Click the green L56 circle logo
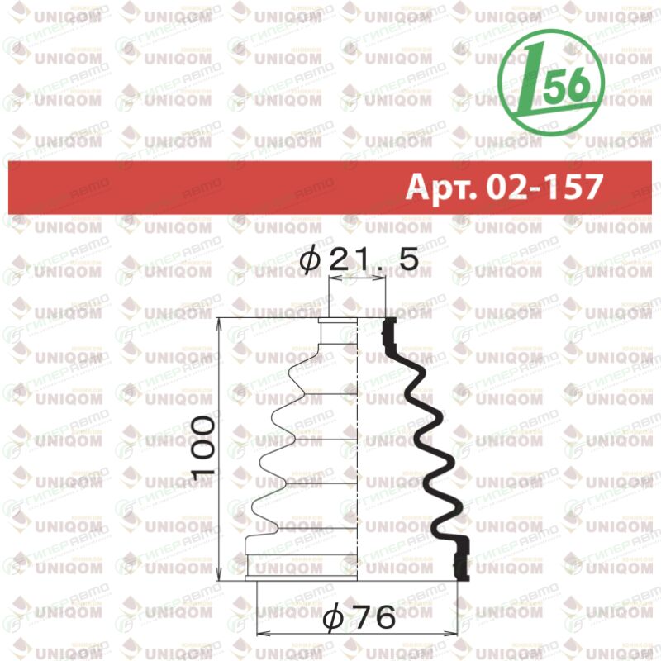point(550,83)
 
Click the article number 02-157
point(544,188)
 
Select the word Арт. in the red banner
point(441,188)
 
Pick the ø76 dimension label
point(359,617)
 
